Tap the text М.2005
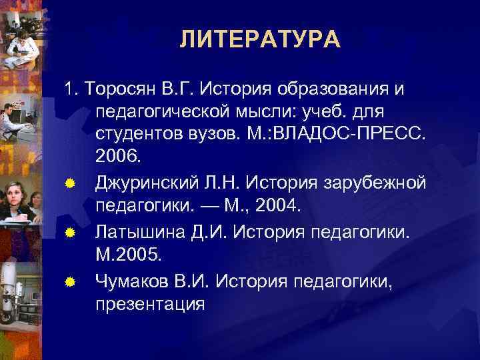[x=125, y=255]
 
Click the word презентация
[x=149, y=303]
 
